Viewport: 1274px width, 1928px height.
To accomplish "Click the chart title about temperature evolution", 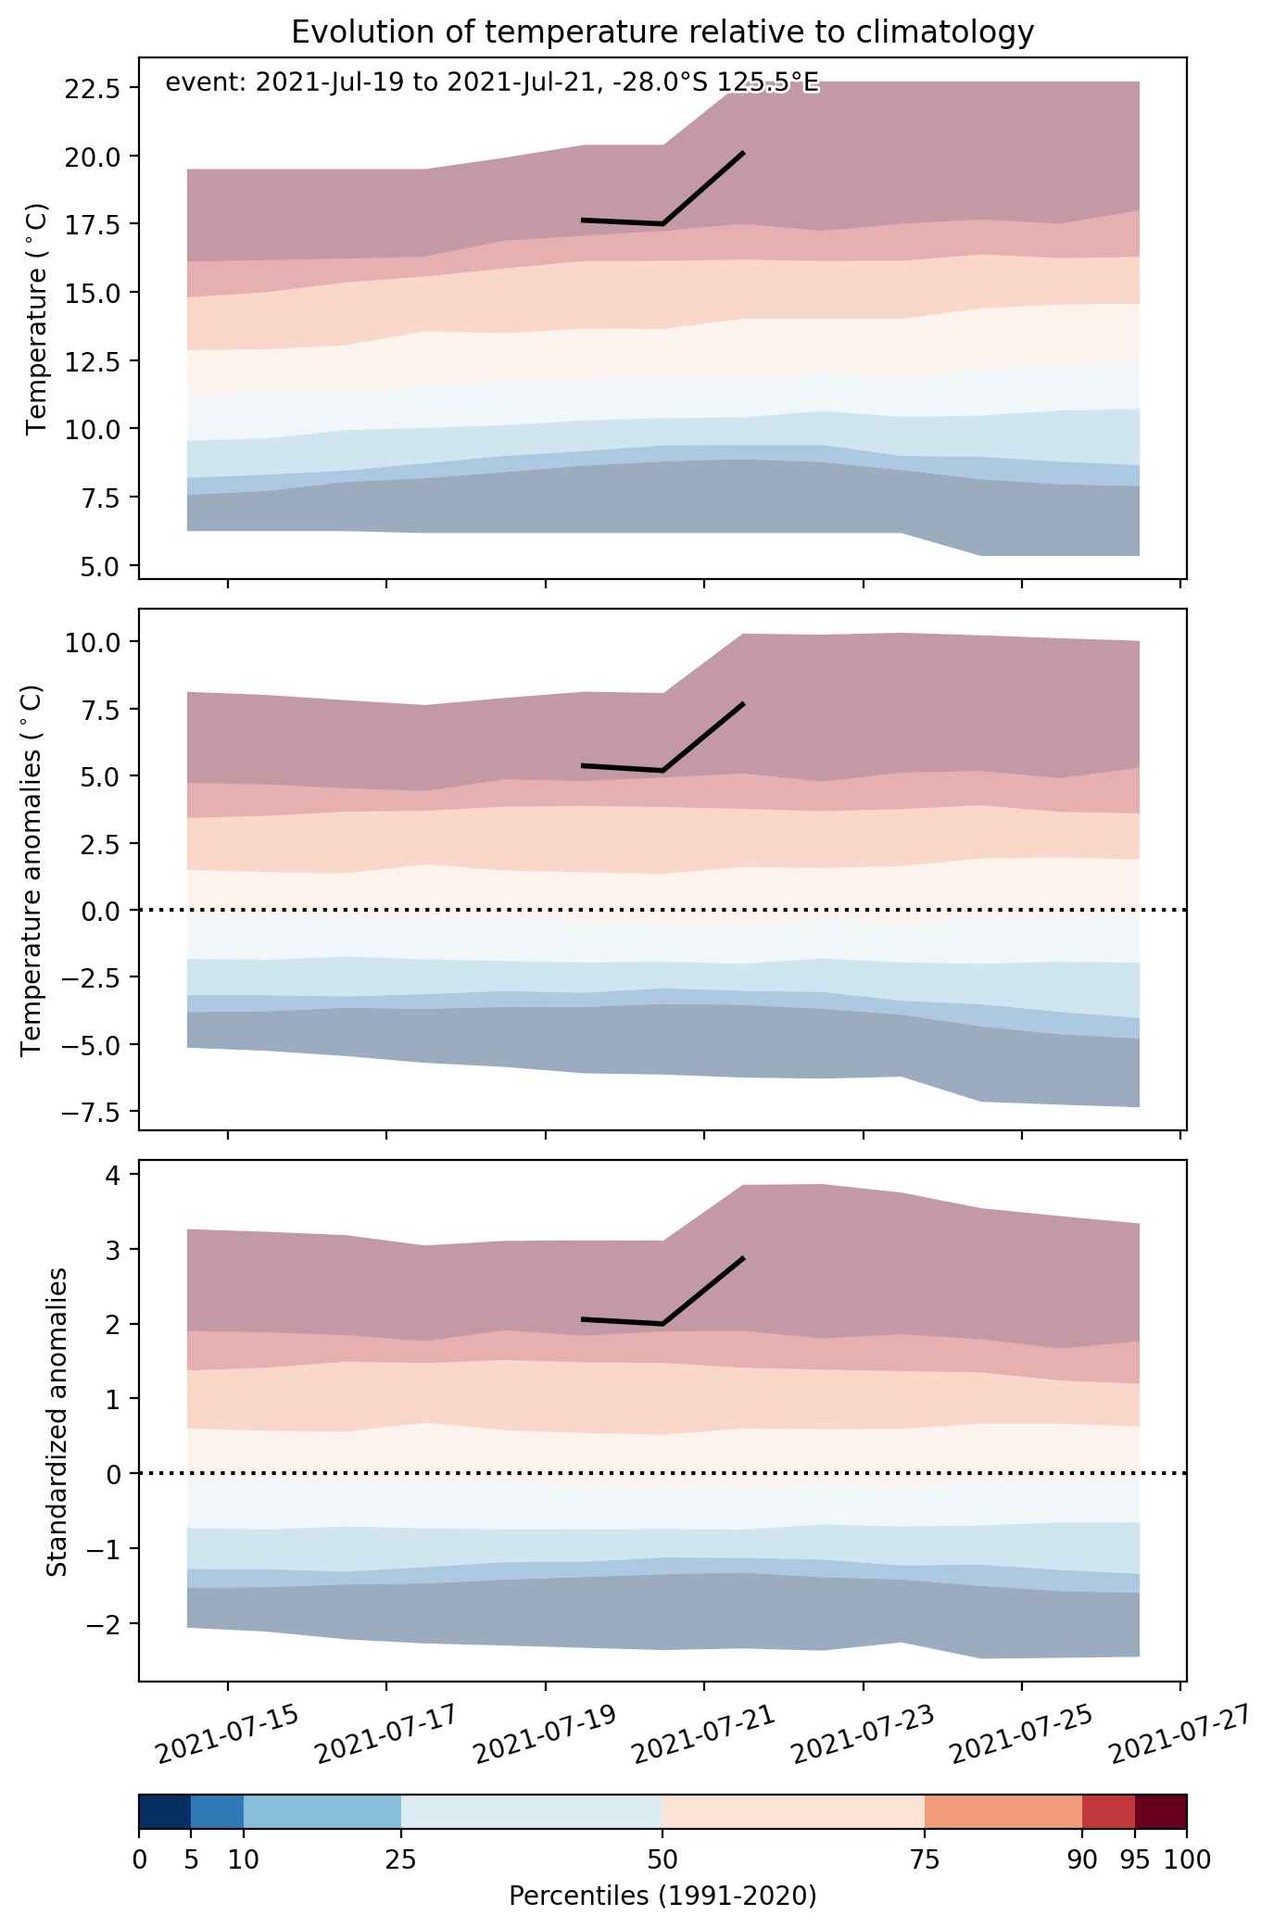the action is point(662,32).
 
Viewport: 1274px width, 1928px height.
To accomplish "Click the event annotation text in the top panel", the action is point(492,83).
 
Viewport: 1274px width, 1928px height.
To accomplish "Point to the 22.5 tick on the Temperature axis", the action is point(94,88).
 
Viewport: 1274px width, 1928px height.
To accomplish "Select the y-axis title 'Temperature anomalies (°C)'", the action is point(33,870).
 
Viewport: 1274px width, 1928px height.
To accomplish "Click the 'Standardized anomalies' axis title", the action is point(57,1421).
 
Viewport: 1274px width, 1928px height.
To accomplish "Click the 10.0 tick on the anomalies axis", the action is point(94,642).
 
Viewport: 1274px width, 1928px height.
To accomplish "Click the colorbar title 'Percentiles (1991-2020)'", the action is point(662,1897).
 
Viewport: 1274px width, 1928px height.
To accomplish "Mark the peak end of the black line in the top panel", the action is point(743,152).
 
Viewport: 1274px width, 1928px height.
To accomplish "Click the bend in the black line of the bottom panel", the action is point(663,1324).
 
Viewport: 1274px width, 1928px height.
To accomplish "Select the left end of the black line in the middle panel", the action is point(582,765).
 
